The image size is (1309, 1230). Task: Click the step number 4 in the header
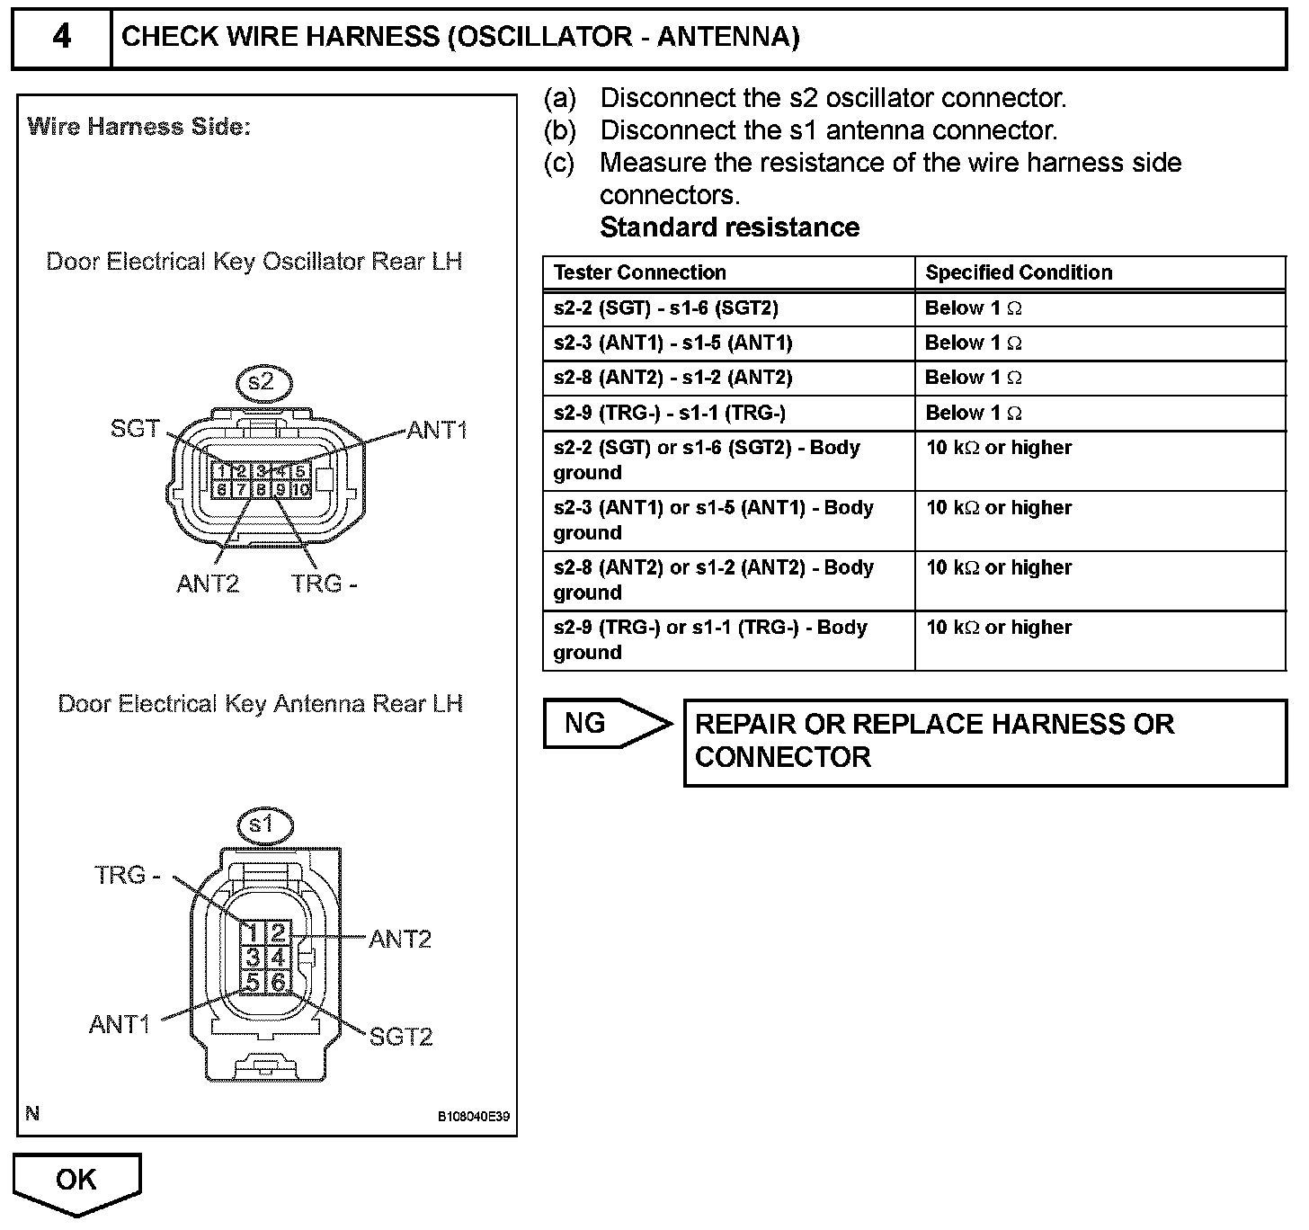tap(61, 38)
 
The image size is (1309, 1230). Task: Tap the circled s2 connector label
tap(261, 382)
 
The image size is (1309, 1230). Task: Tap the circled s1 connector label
tap(261, 824)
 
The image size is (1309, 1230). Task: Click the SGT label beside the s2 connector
tap(135, 429)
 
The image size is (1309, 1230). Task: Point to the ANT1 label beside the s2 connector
tap(437, 430)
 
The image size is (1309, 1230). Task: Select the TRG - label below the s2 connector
tap(325, 584)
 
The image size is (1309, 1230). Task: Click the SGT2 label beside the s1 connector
tap(401, 1037)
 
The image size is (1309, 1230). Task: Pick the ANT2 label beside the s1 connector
tap(400, 939)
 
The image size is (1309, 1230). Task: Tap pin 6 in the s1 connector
tap(279, 982)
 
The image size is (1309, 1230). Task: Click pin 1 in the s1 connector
tap(254, 933)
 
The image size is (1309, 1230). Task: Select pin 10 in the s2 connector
tap(301, 490)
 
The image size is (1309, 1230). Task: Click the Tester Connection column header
tap(639, 272)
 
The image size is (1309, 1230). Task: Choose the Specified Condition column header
tap(1019, 272)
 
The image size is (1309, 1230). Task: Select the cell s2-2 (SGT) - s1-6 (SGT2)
tap(666, 308)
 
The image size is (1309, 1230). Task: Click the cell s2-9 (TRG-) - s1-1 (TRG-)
tap(670, 413)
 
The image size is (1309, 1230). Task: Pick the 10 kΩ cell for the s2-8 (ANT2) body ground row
tap(999, 568)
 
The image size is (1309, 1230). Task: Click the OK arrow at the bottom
tap(77, 1181)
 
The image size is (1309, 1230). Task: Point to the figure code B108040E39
tap(474, 1117)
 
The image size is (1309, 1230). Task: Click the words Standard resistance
tap(729, 227)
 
